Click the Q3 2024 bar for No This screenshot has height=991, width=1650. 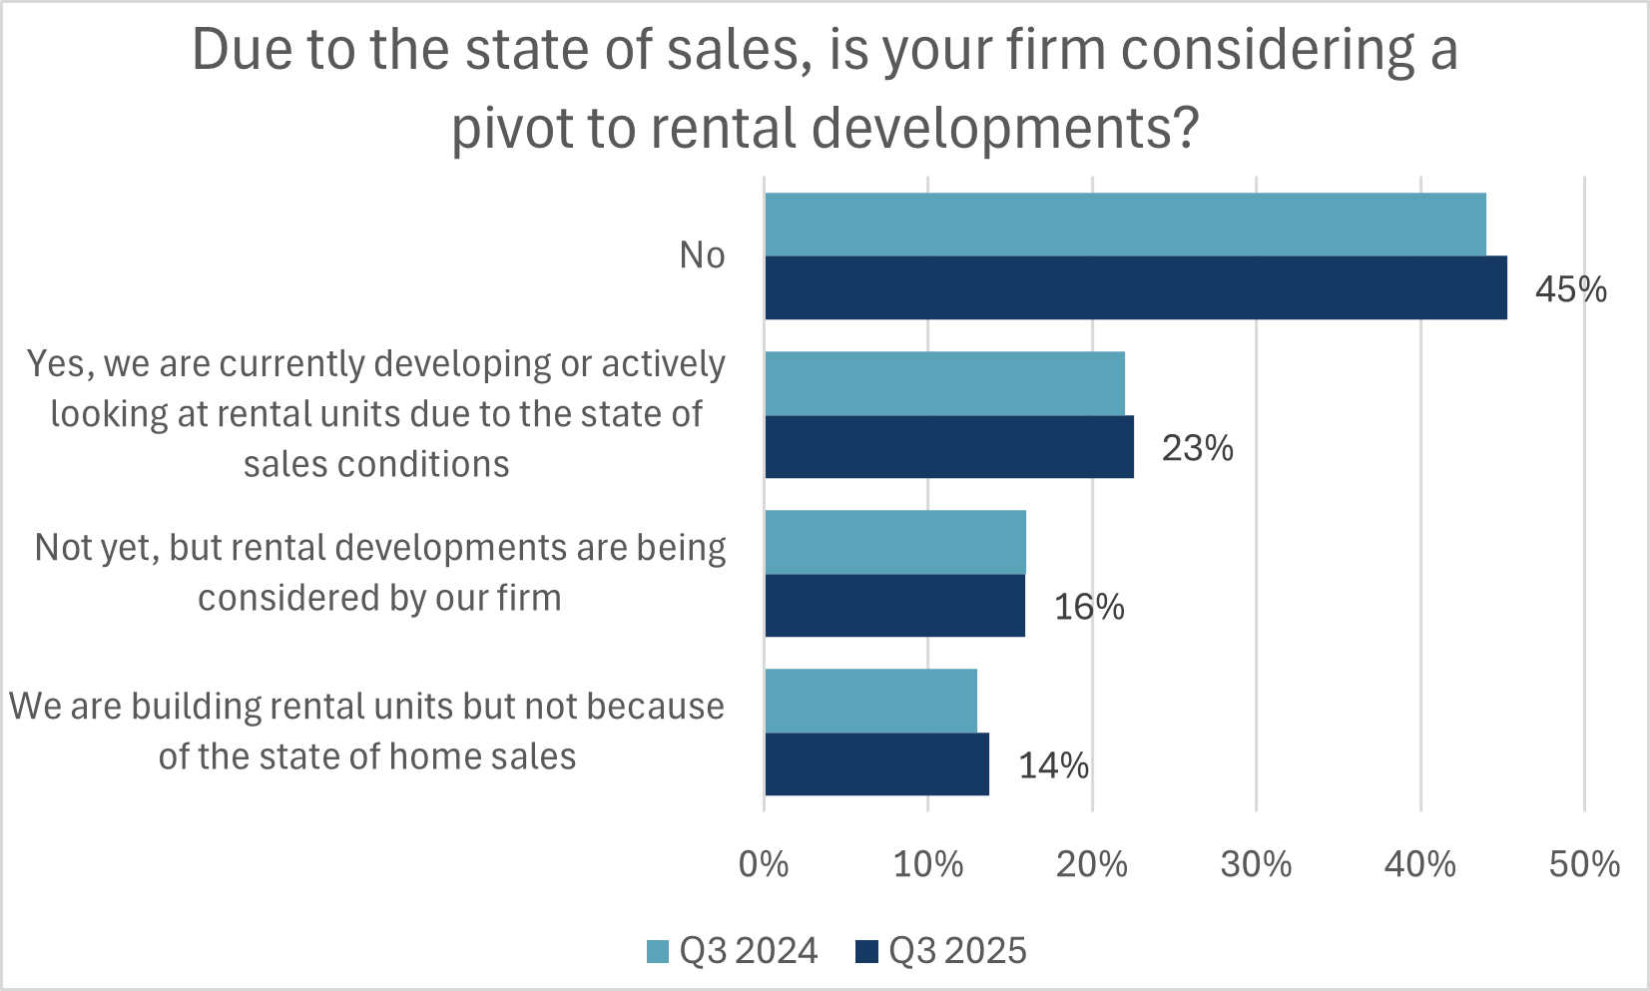[1125, 225]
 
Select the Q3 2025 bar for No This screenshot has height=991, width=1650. [1136, 287]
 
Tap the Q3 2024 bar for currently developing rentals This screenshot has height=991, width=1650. [944, 383]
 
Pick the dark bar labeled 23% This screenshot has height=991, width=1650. [949, 446]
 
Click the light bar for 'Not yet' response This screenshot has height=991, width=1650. [895, 542]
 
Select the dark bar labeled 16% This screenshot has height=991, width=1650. [894, 605]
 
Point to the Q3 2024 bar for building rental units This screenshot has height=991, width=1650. [870, 701]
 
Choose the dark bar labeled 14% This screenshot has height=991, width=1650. [876, 763]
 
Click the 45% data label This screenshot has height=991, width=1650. [1570, 289]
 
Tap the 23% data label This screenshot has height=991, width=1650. [1197, 448]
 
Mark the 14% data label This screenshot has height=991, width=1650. [1053, 765]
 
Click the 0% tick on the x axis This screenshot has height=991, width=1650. [764, 864]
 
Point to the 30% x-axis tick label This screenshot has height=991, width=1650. [1256, 864]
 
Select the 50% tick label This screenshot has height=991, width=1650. [1584, 864]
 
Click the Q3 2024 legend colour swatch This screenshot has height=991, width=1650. [658, 951]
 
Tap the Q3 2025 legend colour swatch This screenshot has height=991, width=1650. [866, 951]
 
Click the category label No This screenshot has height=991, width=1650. [702, 255]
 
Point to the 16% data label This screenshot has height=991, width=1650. [1089, 607]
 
